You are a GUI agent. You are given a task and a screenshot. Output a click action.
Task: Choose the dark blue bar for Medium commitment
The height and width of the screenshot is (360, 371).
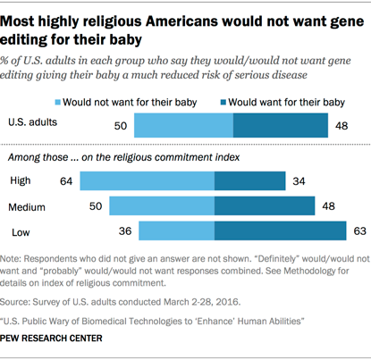(265, 207)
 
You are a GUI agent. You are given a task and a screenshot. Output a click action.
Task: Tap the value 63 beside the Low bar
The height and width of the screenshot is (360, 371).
(358, 232)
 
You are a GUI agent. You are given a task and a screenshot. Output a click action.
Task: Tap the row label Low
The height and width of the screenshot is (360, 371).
(20, 232)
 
